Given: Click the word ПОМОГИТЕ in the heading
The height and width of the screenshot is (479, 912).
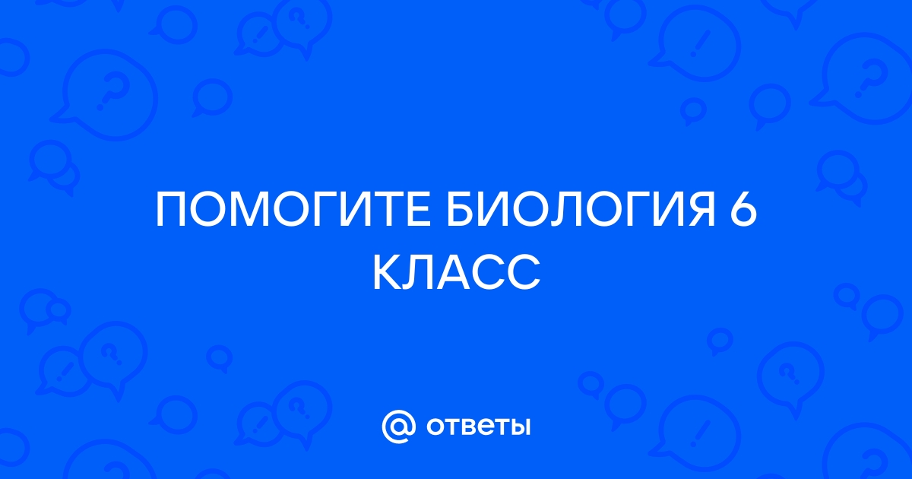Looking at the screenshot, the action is click(x=293, y=210).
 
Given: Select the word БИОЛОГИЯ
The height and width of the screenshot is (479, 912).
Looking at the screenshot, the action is click(x=581, y=210).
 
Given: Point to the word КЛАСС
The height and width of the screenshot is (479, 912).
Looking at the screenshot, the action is click(x=457, y=272).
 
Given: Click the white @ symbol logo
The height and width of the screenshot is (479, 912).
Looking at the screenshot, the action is click(x=398, y=427).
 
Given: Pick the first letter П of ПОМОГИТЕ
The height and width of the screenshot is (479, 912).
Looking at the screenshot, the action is click(x=171, y=210).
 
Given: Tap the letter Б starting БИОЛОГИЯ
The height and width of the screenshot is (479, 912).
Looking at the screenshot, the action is click(x=461, y=210).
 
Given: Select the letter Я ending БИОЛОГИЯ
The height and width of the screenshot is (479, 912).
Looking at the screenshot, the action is click(x=701, y=210).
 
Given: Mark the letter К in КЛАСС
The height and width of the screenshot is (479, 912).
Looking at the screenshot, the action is click(x=388, y=272).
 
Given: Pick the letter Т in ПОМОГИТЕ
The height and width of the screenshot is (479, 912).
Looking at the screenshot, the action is click(x=387, y=210).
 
